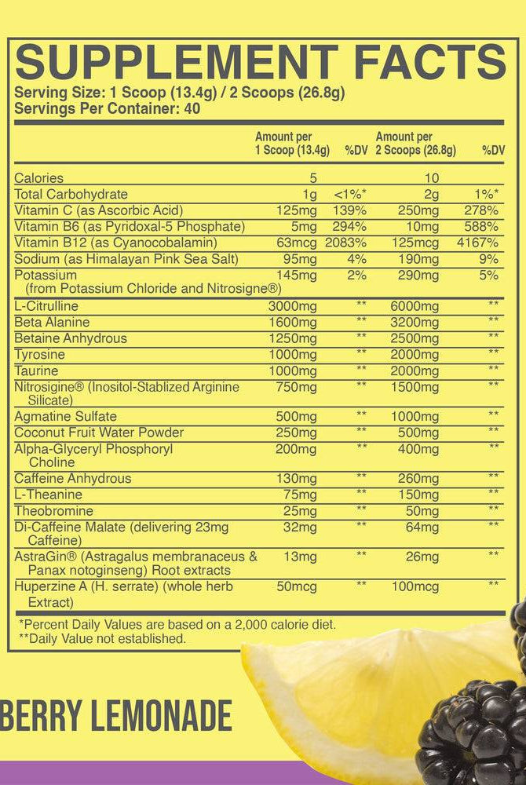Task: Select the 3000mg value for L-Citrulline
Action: point(292,306)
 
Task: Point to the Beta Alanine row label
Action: point(52,323)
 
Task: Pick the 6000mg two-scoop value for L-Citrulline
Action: point(415,306)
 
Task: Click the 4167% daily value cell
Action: point(477,243)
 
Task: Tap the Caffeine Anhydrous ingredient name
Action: point(73,479)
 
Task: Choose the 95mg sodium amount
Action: point(300,259)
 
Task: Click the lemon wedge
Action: point(345,691)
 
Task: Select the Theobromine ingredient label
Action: point(53,511)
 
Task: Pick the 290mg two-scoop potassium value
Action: point(418,276)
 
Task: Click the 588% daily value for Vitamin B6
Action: point(480,227)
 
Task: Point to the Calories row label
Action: point(39,178)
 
